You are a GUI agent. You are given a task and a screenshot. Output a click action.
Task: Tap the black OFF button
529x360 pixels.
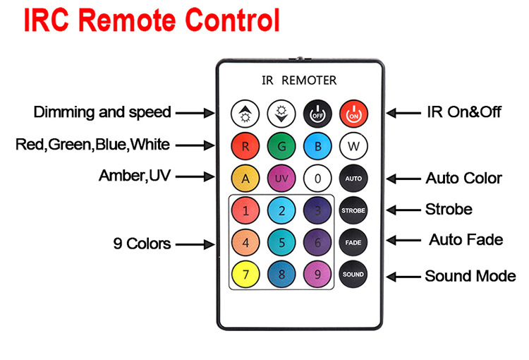pos(317,114)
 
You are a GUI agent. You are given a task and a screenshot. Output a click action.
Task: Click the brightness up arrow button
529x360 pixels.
pos(245,114)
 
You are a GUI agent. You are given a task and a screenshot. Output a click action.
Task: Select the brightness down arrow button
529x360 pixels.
pos(281,114)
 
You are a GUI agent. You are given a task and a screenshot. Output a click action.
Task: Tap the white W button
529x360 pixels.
pos(353,146)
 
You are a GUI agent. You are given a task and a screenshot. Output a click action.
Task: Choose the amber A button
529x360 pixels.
pos(245,179)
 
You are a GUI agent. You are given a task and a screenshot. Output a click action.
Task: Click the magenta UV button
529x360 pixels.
pos(281,179)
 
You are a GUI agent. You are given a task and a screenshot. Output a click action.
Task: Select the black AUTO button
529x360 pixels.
pos(353,179)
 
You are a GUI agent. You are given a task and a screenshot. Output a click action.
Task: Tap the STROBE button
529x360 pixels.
pos(353,210)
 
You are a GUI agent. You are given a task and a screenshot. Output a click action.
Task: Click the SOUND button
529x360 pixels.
pos(353,274)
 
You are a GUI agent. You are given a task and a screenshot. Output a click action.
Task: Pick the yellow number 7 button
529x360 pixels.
pos(245,274)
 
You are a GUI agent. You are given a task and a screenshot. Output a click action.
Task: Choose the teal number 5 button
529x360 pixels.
pos(281,243)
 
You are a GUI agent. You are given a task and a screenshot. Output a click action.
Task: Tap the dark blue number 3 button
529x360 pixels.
pos(317,210)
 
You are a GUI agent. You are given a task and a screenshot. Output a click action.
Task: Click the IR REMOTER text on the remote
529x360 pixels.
pos(299,80)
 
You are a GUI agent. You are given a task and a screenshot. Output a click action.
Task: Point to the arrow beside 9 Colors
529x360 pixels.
pos(195,244)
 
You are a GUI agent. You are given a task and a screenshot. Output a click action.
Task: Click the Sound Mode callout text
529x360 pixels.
pos(470,276)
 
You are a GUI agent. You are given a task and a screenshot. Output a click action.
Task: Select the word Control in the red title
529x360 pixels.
pos(233,20)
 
